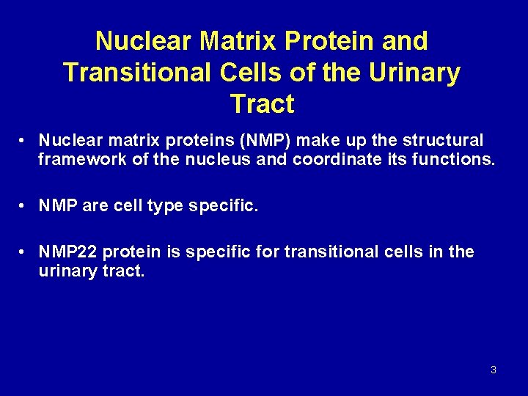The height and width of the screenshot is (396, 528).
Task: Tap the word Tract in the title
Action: coord(262,104)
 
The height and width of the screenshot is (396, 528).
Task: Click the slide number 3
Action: coord(493,370)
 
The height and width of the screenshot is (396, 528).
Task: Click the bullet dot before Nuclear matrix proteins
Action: coord(24,140)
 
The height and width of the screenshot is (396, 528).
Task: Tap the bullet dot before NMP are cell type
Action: coord(24,207)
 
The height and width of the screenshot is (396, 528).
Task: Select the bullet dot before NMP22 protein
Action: coord(24,252)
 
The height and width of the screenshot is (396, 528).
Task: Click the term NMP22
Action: coord(68,252)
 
